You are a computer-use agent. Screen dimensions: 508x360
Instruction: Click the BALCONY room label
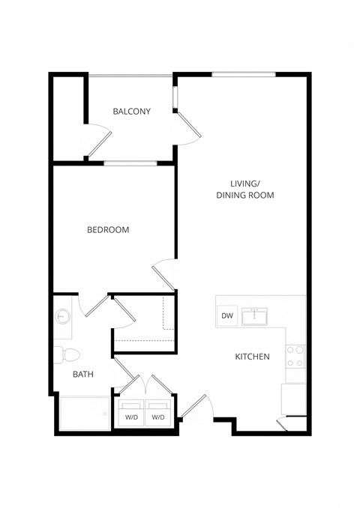[x=131, y=112]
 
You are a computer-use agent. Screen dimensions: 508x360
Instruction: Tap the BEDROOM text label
[x=108, y=230]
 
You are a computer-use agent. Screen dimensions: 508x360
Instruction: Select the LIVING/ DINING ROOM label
[x=244, y=189]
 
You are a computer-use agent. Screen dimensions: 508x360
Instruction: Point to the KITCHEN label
[x=252, y=357]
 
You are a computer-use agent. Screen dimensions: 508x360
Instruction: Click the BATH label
[x=82, y=374]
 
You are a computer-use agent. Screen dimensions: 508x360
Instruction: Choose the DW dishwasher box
[x=227, y=316]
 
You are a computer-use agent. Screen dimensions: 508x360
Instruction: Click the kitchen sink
[x=258, y=315]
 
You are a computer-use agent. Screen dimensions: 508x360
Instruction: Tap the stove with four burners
[x=295, y=356]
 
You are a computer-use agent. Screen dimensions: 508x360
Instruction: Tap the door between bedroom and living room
[x=163, y=275]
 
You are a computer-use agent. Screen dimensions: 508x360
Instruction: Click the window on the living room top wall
[x=243, y=74]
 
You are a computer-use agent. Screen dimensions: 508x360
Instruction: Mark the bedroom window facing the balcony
[x=130, y=163]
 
